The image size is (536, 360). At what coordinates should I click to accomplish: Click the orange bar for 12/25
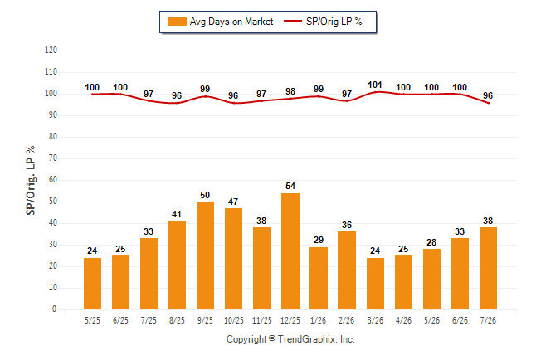point(290,251)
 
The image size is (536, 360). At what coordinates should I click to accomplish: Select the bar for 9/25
point(205,255)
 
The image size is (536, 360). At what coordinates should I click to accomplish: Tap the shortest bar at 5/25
point(92,284)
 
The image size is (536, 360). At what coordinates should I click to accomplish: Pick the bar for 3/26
point(375,284)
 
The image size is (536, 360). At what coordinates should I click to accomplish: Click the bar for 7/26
point(488,269)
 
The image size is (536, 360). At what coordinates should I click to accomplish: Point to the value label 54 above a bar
point(290,186)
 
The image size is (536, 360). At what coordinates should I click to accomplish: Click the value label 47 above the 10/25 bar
point(233,202)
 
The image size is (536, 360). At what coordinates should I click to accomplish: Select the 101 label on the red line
point(375,85)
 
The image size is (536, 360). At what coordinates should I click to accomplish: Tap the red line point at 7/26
point(488,103)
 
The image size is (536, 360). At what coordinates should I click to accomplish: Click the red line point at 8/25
point(177,103)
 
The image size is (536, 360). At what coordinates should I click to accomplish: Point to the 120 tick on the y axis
point(51,51)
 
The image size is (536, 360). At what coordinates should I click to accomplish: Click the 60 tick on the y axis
point(53,180)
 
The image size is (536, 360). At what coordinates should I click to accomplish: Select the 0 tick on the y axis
point(55,309)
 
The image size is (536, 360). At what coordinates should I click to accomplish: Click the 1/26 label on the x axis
point(319,320)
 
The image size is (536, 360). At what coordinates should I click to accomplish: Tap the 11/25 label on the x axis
point(262,320)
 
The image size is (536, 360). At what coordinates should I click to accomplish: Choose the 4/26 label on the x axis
point(403,320)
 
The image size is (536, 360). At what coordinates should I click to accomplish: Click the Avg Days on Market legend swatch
point(177,22)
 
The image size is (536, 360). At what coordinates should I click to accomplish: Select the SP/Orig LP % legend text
point(334,22)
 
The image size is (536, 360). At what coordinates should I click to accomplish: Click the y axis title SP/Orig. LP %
point(31,181)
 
